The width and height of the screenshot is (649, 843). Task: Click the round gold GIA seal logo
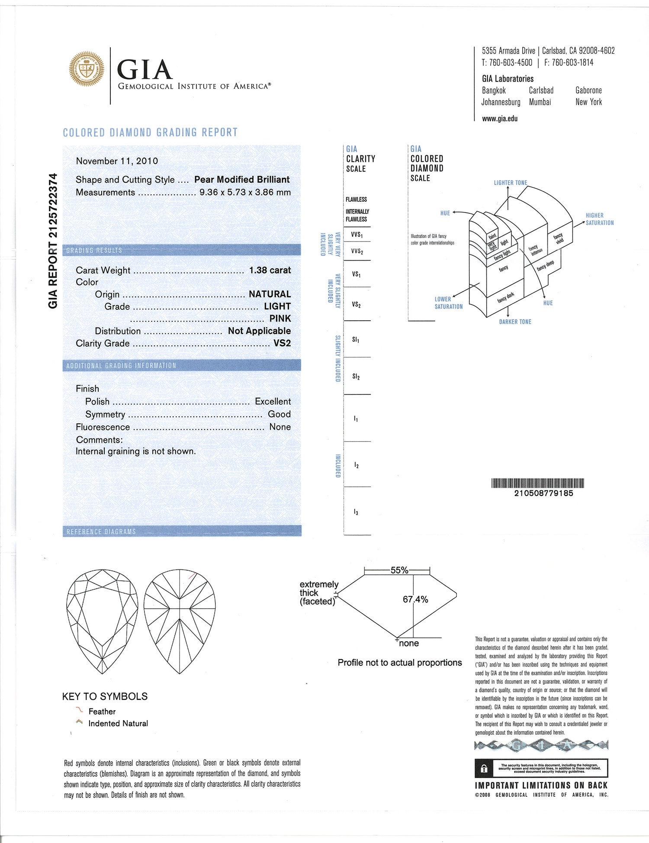tap(87, 69)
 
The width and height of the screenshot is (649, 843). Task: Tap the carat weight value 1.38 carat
tap(270, 270)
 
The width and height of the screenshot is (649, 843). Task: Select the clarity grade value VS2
tap(282, 343)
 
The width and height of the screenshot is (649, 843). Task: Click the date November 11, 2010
tap(117, 161)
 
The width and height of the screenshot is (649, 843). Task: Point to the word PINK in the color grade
tap(280, 319)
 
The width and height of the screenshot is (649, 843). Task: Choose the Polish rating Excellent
tap(273, 402)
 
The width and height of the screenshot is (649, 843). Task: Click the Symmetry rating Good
tap(279, 414)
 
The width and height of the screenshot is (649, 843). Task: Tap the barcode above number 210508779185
tap(537, 483)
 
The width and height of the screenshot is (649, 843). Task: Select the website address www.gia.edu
tap(500, 119)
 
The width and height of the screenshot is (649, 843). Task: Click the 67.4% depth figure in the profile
tap(415, 599)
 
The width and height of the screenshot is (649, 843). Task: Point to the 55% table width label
tap(399, 570)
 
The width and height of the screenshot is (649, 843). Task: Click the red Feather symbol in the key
tap(79, 710)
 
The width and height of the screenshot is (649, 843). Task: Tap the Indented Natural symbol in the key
tap(79, 722)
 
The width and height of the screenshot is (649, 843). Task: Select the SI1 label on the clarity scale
tap(356, 340)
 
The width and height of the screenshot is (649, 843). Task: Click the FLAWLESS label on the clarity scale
tap(356, 199)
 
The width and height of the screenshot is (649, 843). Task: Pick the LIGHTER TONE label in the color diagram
tap(511, 183)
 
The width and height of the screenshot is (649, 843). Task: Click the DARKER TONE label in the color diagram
tap(515, 322)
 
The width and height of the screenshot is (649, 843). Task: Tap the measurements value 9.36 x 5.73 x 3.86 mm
tap(245, 192)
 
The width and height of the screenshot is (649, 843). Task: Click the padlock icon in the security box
tap(484, 769)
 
